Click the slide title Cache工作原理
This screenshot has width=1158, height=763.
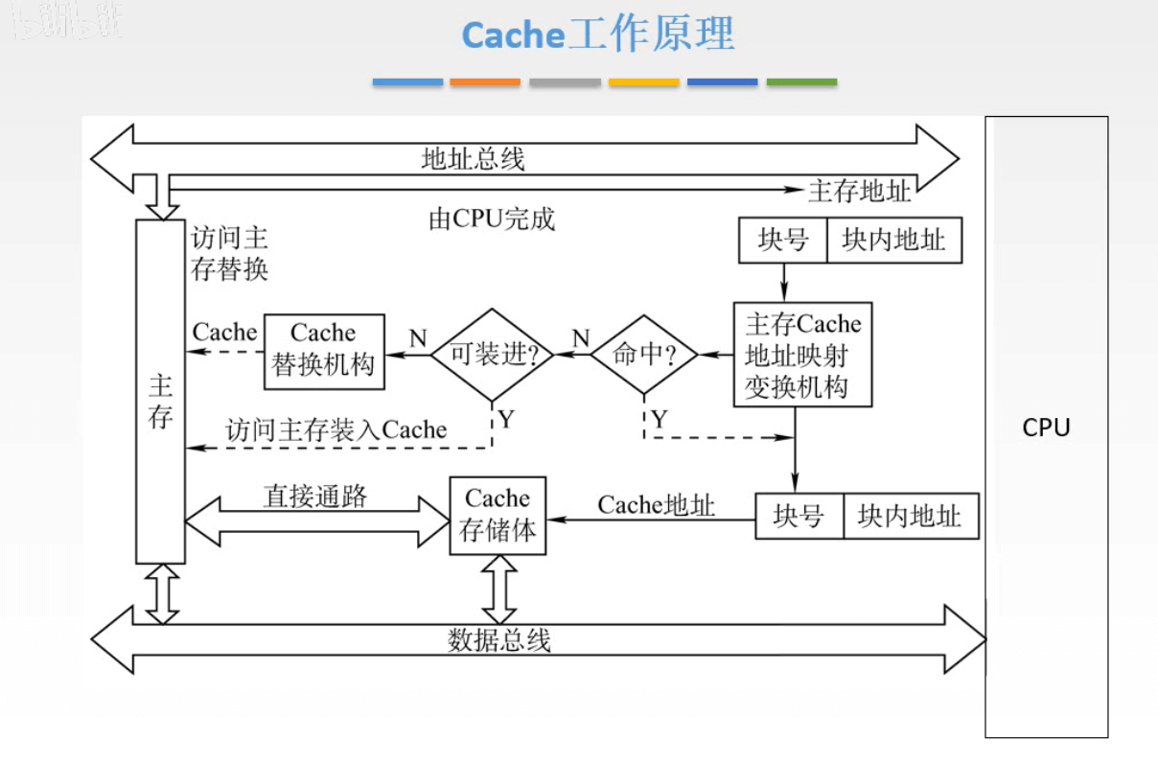point(597,35)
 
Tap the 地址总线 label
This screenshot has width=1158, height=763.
point(473,158)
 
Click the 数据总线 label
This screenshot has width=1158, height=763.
point(499,639)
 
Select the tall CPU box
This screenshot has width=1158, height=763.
point(1046,427)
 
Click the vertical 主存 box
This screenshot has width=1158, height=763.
point(159,391)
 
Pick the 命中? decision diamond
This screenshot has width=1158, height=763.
point(643,355)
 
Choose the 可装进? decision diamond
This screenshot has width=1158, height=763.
point(492,355)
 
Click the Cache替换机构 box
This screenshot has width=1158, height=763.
point(324,350)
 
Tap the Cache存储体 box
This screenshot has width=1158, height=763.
point(498,515)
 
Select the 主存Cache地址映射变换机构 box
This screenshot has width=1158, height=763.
point(802,355)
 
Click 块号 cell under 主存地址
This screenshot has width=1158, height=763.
point(782,241)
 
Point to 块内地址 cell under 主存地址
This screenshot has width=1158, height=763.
point(893,241)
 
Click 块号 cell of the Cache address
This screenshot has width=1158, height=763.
point(799,517)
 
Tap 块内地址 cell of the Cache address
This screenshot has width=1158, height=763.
point(910,517)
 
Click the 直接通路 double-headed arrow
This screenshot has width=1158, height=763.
point(316,521)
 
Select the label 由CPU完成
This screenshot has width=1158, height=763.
point(491,220)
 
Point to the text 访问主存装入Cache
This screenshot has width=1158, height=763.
point(336,430)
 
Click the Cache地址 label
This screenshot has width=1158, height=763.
point(656,505)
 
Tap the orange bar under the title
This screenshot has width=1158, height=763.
point(485,82)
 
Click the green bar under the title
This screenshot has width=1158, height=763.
point(801,82)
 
